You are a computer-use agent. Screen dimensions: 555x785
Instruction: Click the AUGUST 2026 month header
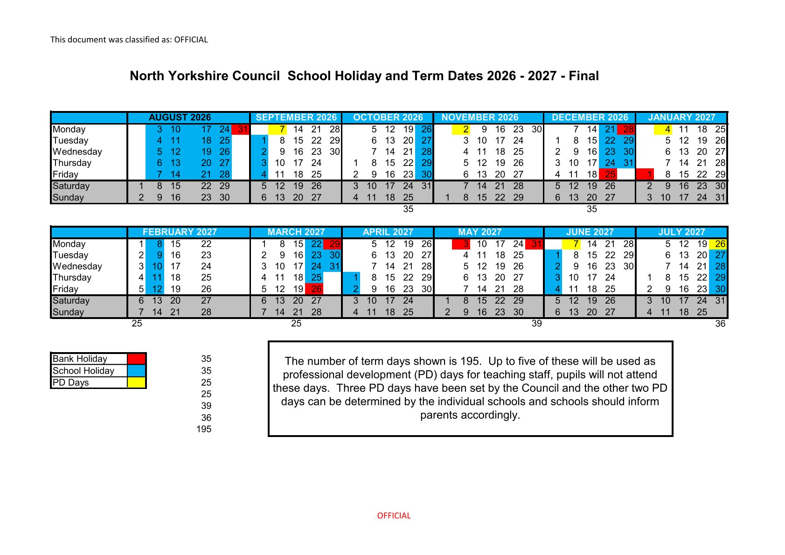pyautogui.click(x=180, y=118)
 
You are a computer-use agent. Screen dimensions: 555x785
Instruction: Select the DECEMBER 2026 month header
pyautogui.click(x=590, y=118)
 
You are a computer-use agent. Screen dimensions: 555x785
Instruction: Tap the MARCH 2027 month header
pyautogui.click(x=296, y=232)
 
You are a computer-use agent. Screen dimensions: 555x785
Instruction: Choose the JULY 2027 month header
pyautogui.click(x=681, y=232)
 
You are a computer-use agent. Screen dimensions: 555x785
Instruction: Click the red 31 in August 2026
pyautogui.click(x=242, y=129)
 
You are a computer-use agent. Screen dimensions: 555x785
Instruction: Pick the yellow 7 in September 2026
pyautogui.click(x=282, y=129)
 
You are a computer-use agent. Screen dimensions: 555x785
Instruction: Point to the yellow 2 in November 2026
pyautogui.click(x=465, y=129)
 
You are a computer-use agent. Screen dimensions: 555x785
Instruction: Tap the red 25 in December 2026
pyautogui.click(x=610, y=174)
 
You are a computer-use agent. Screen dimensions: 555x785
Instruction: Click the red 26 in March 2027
pyautogui.click(x=316, y=289)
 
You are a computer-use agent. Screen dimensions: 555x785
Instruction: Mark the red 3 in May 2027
pyautogui.click(x=465, y=244)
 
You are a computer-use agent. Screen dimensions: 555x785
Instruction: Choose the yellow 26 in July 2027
pyautogui.click(x=720, y=244)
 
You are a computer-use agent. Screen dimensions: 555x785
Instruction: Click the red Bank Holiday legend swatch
pyautogui.click(x=136, y=359)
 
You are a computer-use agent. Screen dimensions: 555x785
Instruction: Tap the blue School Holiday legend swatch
pyautogui.click(x=136, y=371)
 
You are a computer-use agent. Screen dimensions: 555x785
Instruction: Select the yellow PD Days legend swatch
pyautogui.click(x=136, y=382)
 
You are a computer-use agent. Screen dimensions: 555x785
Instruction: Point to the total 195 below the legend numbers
pyautogui.click(x=204, y=429)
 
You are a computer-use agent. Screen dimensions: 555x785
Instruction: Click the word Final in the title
pyautogui.click(x=584, y=76)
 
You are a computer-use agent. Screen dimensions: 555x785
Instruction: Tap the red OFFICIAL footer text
pyautogui.click(x=394, y=516)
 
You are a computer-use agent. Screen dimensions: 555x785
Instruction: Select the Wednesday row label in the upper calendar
pyautogui.click(x=77, y=152)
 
